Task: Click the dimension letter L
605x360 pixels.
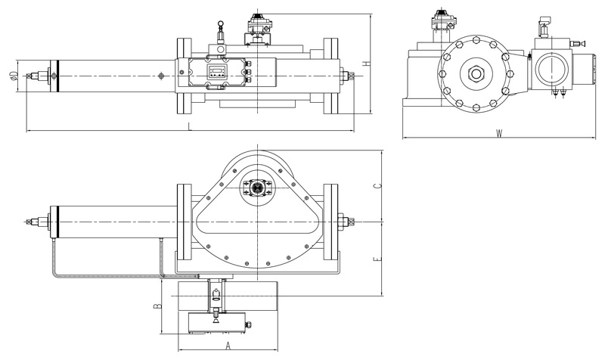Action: (190, 126)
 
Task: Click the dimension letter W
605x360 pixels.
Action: (499, 134)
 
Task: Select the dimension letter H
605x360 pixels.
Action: (367, 64)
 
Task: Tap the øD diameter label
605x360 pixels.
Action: (14, 76)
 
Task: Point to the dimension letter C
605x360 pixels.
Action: (379, 185)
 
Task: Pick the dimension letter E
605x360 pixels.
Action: (379, 259)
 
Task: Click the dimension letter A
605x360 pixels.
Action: (228, 346)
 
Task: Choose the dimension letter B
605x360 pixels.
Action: (157, 306)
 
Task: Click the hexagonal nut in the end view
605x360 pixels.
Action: (476, 73)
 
